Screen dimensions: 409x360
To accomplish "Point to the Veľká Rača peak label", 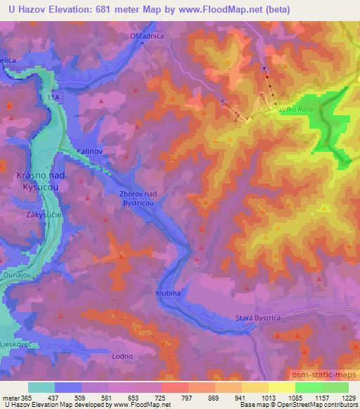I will (x=295, y=110).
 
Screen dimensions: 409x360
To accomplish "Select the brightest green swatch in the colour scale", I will (x=308, y=387).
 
